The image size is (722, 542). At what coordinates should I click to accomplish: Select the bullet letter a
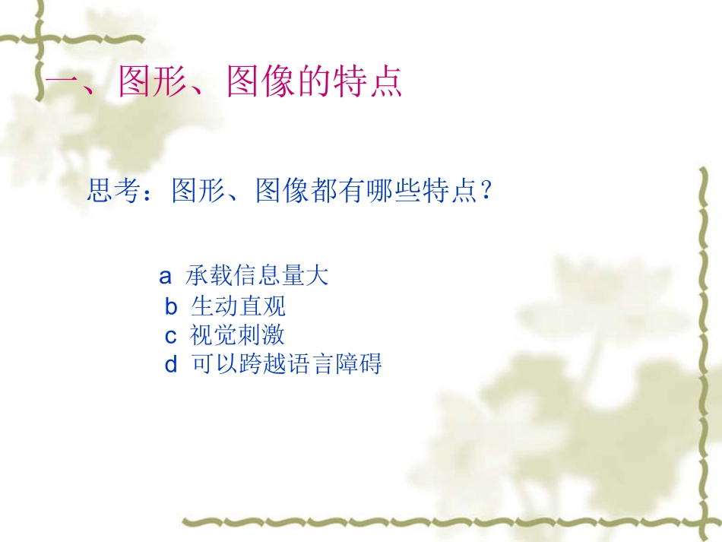(165, 276)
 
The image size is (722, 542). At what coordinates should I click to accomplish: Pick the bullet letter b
(171, 307)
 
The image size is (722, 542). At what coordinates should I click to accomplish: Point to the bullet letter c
(170, 336)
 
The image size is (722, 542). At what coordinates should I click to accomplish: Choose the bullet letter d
(171, 365)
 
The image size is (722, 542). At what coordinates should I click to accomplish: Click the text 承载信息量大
(257, 276)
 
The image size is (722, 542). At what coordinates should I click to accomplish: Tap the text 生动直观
(238, 307)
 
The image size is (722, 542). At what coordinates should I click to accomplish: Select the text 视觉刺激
(237, 336)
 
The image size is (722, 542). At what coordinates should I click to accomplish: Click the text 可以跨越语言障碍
(286, 365)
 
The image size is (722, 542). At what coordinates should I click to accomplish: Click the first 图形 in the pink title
(145, 83)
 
